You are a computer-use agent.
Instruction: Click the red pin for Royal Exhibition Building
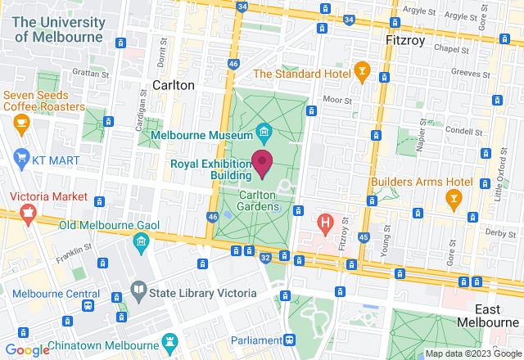[x=262, y=162]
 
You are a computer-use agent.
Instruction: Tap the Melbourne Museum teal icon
[x=264, y=131]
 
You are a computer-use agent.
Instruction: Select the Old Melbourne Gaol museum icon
[x=140, y=242]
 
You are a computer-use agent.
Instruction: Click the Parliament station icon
[x=289, y=340]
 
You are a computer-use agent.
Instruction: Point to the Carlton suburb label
[x=174, y=85]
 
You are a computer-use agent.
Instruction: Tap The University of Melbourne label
[x=56, y=29]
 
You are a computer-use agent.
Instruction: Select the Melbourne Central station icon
[x=87, y=305]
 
